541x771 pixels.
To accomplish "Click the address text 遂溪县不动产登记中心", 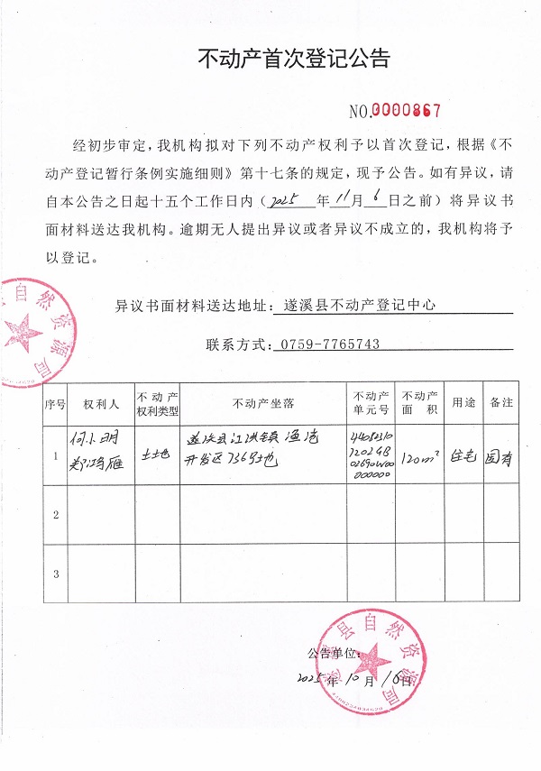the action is (360, 306).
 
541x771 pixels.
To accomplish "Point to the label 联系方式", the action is (238, 344).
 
